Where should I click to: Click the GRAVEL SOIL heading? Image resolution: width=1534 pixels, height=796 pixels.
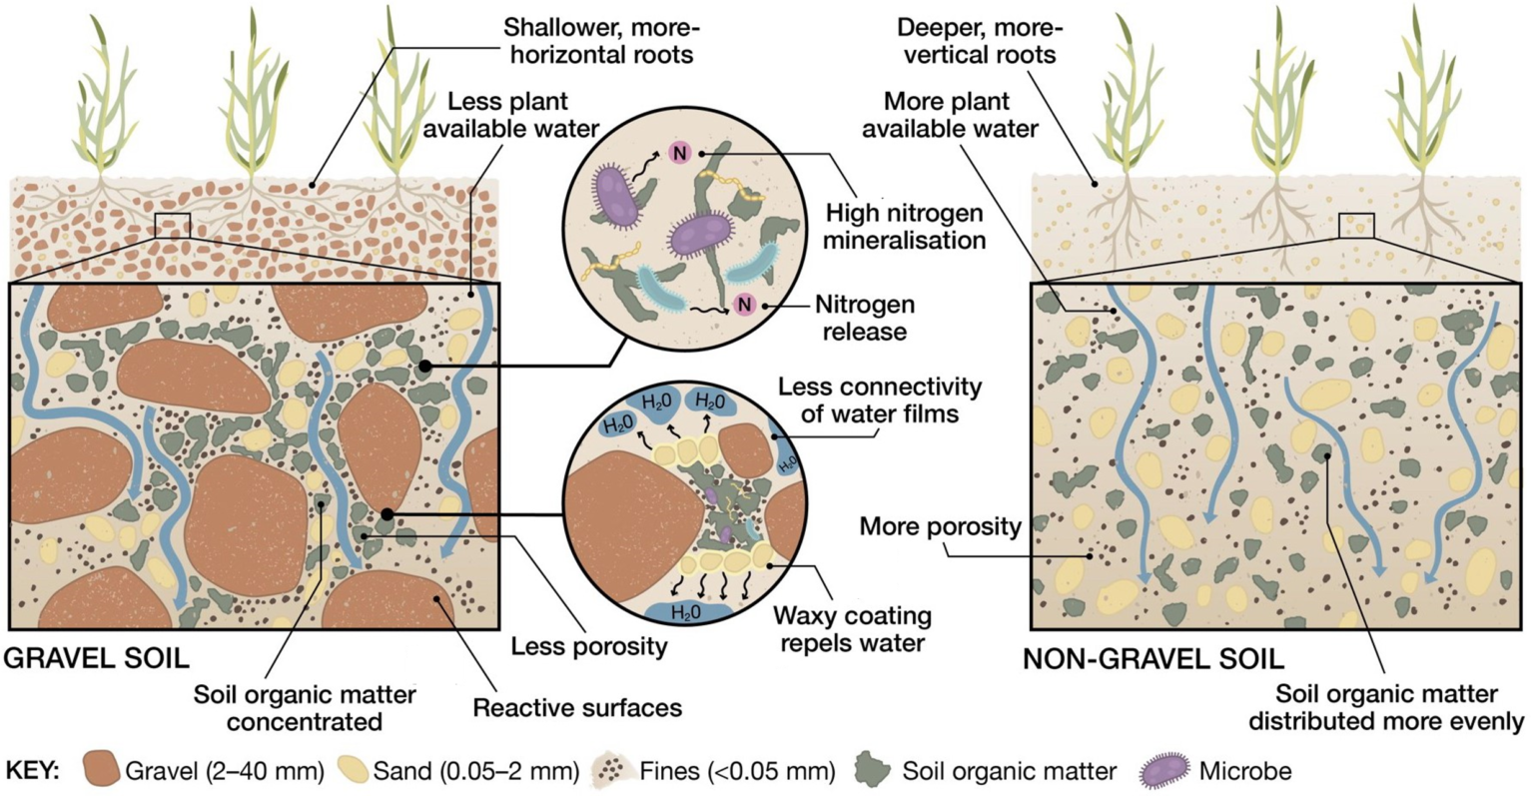[x=97, y=658]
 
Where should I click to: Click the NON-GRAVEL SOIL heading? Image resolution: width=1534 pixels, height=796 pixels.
[x=1152, y=658]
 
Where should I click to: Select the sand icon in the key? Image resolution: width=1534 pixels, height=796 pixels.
[x=356, y=770]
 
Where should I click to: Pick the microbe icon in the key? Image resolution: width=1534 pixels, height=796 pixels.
[x=1164, y=770]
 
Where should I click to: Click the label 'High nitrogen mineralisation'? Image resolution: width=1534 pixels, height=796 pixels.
[x=905, y=227]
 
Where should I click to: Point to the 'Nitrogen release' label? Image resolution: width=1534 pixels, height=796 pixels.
[x=864, y=317]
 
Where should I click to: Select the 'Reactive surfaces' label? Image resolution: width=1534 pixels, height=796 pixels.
[x=576, y=708]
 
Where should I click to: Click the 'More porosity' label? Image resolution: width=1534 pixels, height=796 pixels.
[x=940, y=525]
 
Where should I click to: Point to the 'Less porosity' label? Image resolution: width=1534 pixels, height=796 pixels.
[x=588, y=646]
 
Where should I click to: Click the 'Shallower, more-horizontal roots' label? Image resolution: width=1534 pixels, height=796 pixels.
[x=597, y=40]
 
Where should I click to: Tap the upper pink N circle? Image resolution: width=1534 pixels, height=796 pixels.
[x=679, y=153]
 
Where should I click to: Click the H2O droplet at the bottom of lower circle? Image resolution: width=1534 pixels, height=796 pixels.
[x=685, y=611]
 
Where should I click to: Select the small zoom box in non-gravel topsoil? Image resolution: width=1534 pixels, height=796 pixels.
[x=1355, y=226]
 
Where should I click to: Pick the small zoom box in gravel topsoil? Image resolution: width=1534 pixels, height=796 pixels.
[x=172, y=226]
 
